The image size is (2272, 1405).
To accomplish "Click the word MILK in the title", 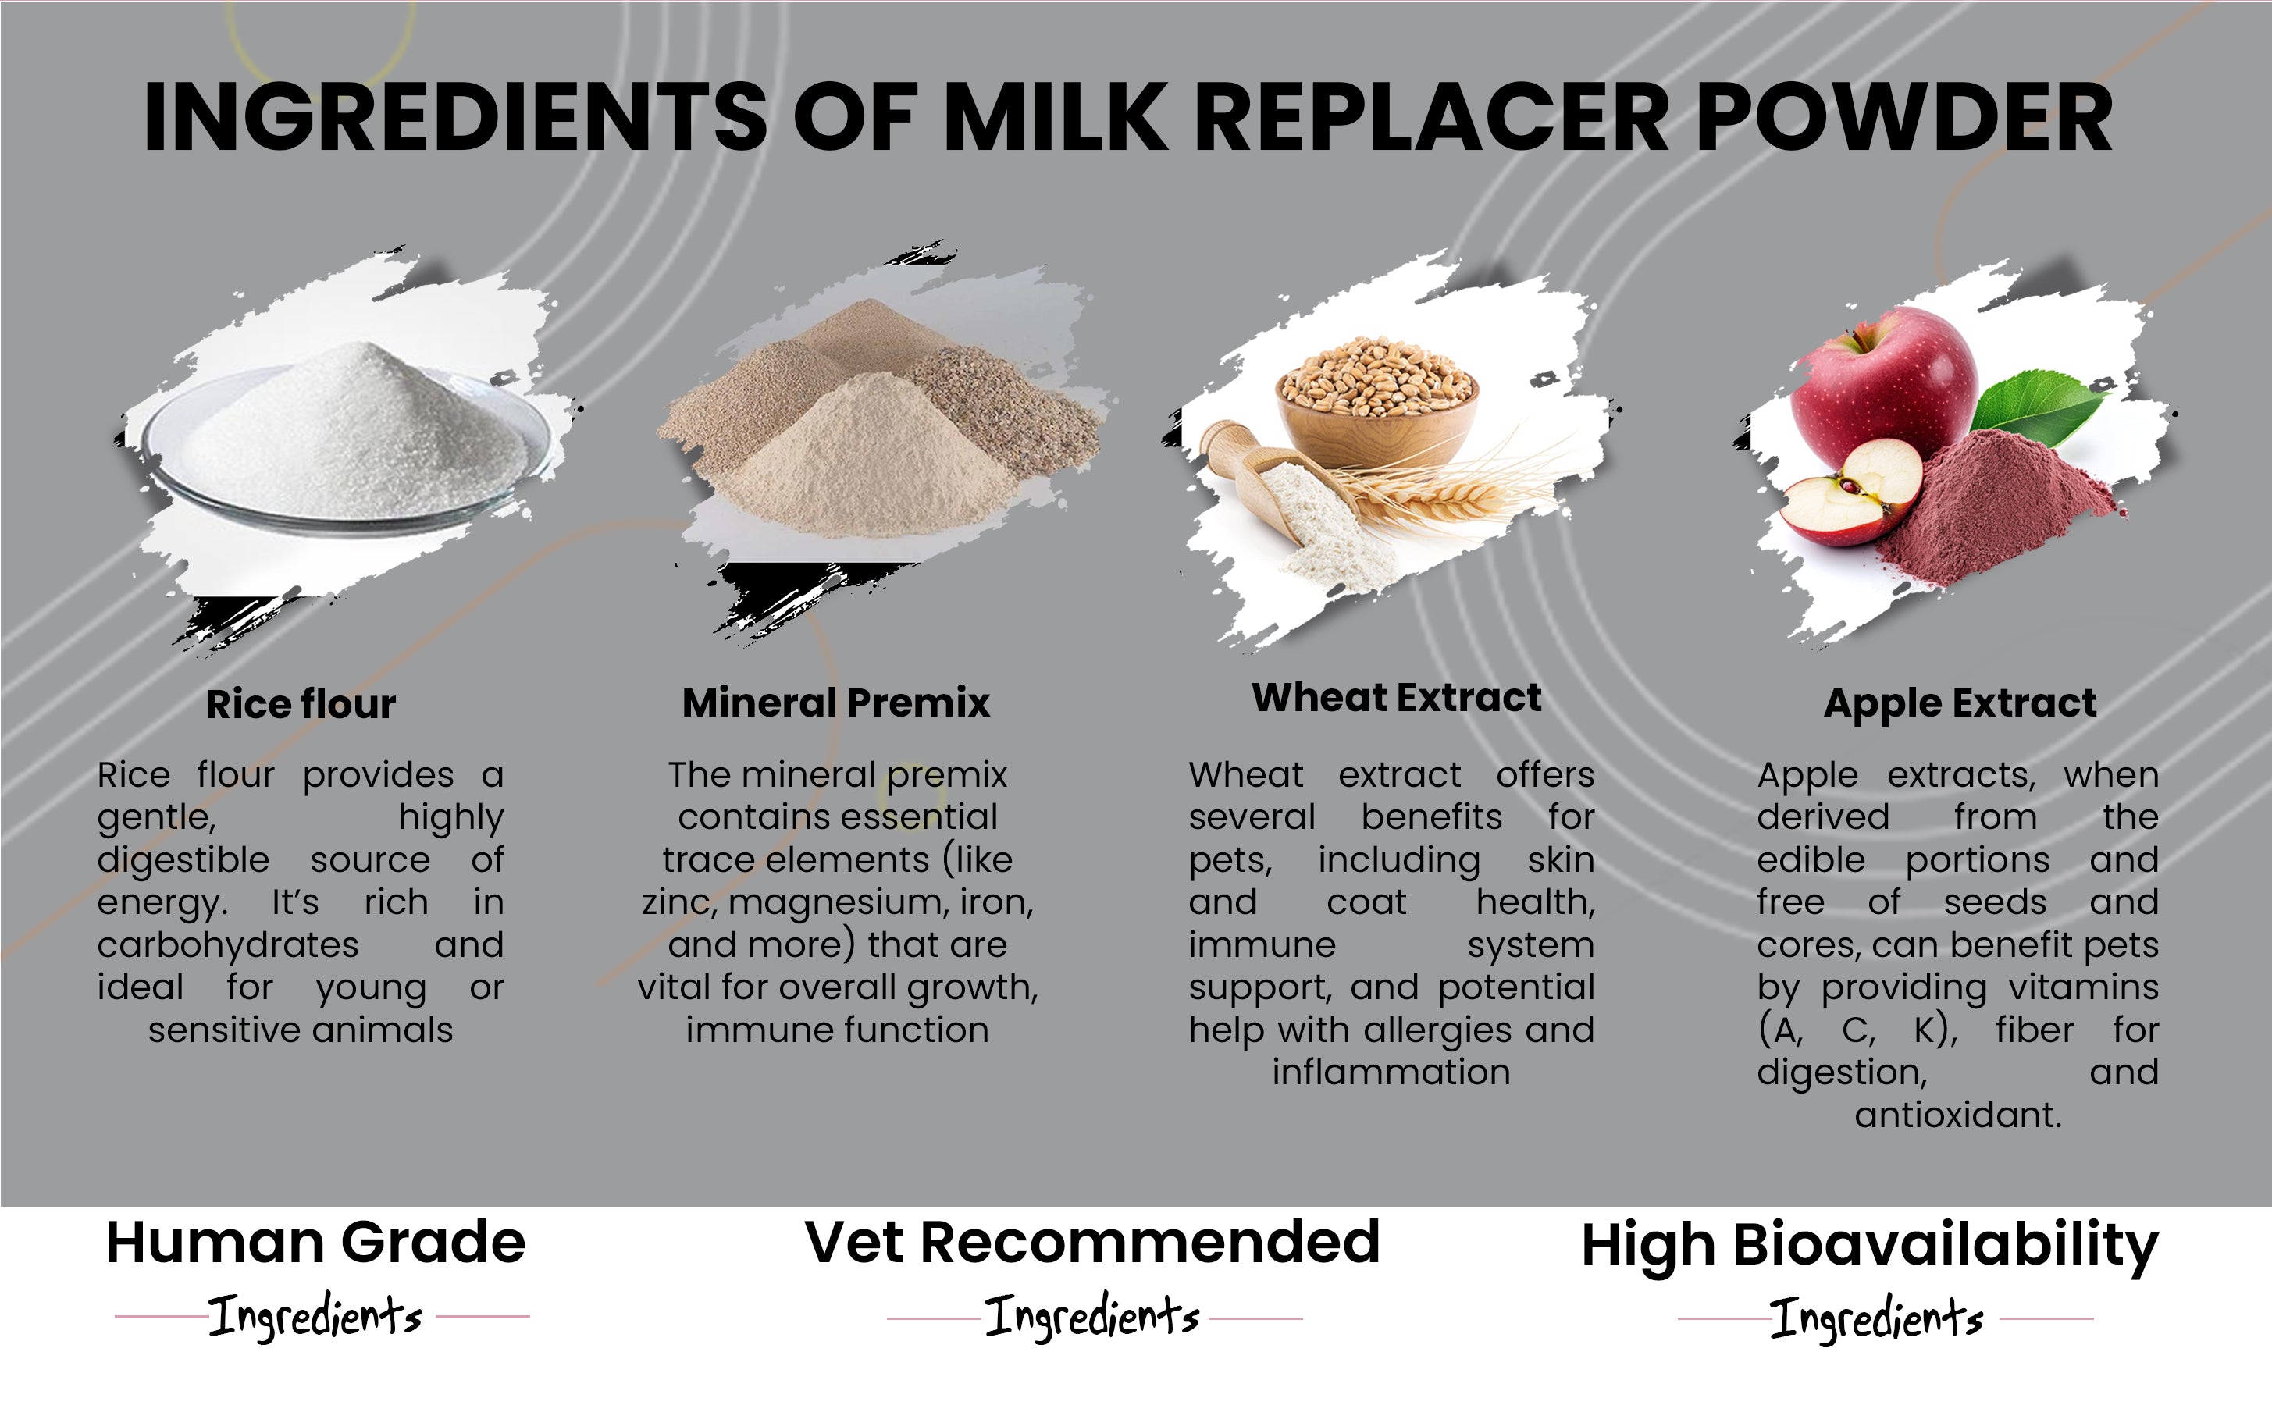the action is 1055,117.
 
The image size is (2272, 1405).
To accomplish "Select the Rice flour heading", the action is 300,703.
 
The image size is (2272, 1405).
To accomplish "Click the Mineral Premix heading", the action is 835,702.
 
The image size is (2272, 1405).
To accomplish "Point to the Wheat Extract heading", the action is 1396,697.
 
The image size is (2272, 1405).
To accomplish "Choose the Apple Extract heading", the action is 1960,704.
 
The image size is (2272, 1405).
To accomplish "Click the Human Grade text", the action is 316,1243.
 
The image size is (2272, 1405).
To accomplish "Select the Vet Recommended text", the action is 1093,1243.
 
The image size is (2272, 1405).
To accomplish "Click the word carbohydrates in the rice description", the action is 228,946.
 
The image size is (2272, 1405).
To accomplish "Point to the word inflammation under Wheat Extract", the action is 1391,1073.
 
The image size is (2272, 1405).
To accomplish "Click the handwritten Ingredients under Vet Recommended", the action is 1093,1317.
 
